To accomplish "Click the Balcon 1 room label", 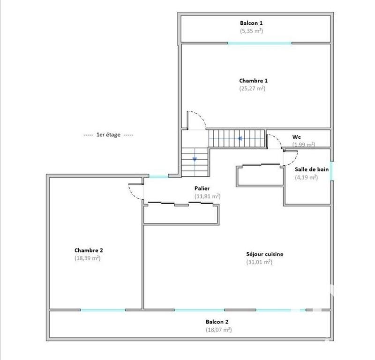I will (x=251, y=23).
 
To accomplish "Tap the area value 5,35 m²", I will (x=251, y=31).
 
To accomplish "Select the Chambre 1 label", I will (x=253, y=81).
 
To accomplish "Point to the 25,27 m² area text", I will (x=253, y=88).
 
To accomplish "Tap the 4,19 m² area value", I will (x=306, y=177).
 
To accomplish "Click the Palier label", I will (x=202, y=188).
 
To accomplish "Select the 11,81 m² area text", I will (x=207, y=196).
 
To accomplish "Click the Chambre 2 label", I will (x=88, y=250).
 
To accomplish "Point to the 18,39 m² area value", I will (x=88, y=258).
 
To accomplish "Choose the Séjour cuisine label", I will (x=264, y=254).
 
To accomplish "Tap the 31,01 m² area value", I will (x=259, y=262).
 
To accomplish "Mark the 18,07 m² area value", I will (x=219, y=330).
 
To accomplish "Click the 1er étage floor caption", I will (x=108, y=135).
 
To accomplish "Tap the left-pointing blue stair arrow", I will (x=240, y=139).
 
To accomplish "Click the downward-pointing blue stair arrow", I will (x=194, y=160).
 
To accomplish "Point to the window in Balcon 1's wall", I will (x=260, y=44).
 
